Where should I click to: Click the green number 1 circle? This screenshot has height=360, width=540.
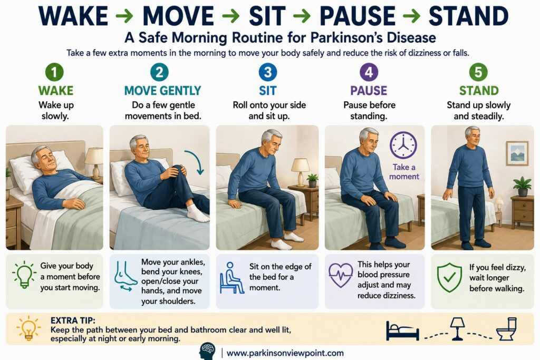[54, 72]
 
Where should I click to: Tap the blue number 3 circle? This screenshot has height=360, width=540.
[267, 72]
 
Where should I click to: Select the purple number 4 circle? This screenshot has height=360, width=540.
[369, 72]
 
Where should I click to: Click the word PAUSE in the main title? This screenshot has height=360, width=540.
[358, 16]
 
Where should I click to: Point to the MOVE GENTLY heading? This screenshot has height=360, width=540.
[162, 91]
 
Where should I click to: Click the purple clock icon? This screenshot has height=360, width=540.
[403, 145]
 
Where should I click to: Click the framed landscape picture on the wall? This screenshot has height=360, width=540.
[517, 153]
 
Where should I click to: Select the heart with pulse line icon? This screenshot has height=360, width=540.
[341, 275]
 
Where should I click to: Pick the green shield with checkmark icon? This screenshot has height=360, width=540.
[449, 277]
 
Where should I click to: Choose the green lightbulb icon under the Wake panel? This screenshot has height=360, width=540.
[24, 274]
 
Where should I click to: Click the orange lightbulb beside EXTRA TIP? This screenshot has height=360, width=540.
[28, 328]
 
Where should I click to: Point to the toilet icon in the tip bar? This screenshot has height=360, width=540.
[507, 329]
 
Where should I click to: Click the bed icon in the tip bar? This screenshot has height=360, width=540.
[402, 330]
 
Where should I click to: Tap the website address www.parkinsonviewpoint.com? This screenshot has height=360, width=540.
[285, 353]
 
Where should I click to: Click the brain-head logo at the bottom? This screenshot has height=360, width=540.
[208, 352]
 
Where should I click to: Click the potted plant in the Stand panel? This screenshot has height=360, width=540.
[523, 186]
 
